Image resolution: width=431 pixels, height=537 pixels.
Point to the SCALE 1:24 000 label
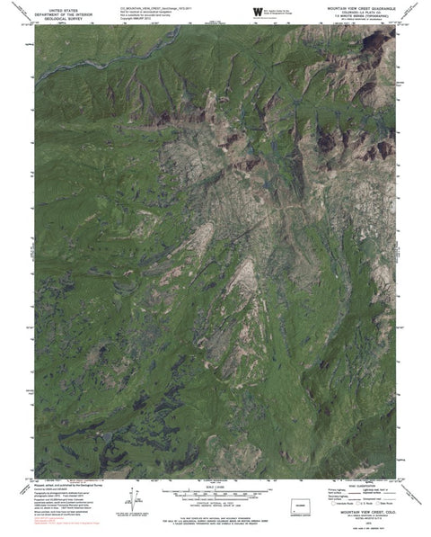[215, 487]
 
